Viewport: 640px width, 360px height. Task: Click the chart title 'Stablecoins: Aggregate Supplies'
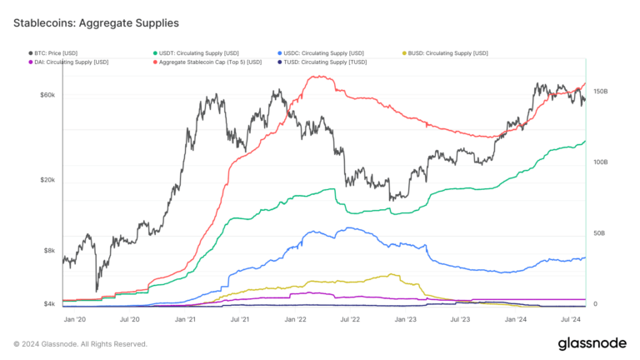click(96, 22)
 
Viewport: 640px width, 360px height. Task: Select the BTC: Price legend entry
click(54, 53)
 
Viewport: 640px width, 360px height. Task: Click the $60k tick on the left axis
click(47, 95)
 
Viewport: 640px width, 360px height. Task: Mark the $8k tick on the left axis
click(49, 251)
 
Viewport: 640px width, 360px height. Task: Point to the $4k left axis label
click(49, 304)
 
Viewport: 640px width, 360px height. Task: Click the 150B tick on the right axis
click(600, 91)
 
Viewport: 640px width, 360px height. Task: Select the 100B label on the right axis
click(600, 162)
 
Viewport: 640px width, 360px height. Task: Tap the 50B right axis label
click(598, 233)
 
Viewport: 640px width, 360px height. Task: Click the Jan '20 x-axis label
click(76, 319)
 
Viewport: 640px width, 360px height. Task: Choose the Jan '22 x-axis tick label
click(296, 319)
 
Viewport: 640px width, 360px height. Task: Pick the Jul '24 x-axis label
click(571, 319)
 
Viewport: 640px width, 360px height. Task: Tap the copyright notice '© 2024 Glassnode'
click(80, 343)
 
